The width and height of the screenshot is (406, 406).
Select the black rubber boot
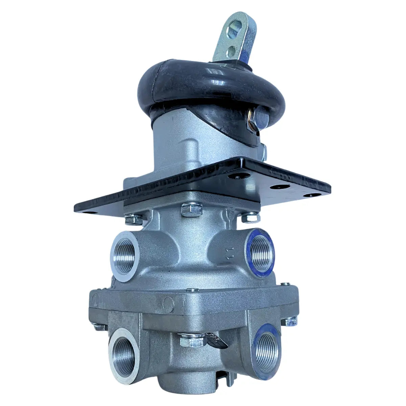click(210, 85)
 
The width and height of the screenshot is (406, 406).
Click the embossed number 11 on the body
click(231, 254)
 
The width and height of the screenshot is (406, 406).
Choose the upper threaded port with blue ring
click(260, 252)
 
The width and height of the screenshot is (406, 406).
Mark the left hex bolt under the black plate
click(134, 219)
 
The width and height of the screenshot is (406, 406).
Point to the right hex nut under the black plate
click(250, 217)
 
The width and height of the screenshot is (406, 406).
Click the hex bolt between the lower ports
click(193, 340)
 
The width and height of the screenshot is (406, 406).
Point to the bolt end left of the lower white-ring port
click(99, 327)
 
